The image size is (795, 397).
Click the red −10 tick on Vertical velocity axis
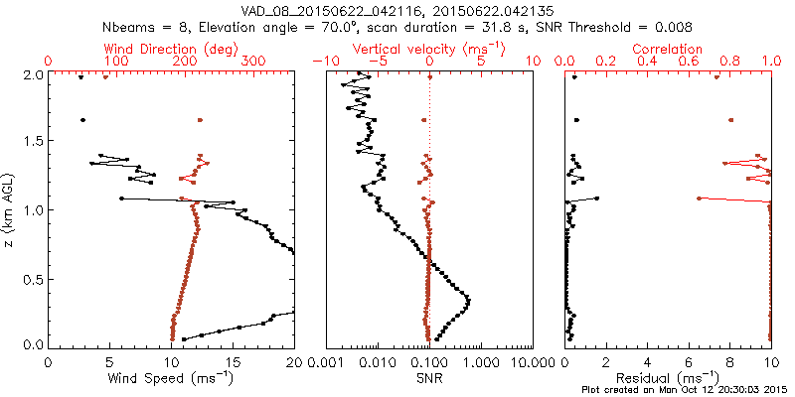(321, 62)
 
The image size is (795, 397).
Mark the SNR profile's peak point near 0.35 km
(468, 299)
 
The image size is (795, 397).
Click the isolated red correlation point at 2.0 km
(716, 78)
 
